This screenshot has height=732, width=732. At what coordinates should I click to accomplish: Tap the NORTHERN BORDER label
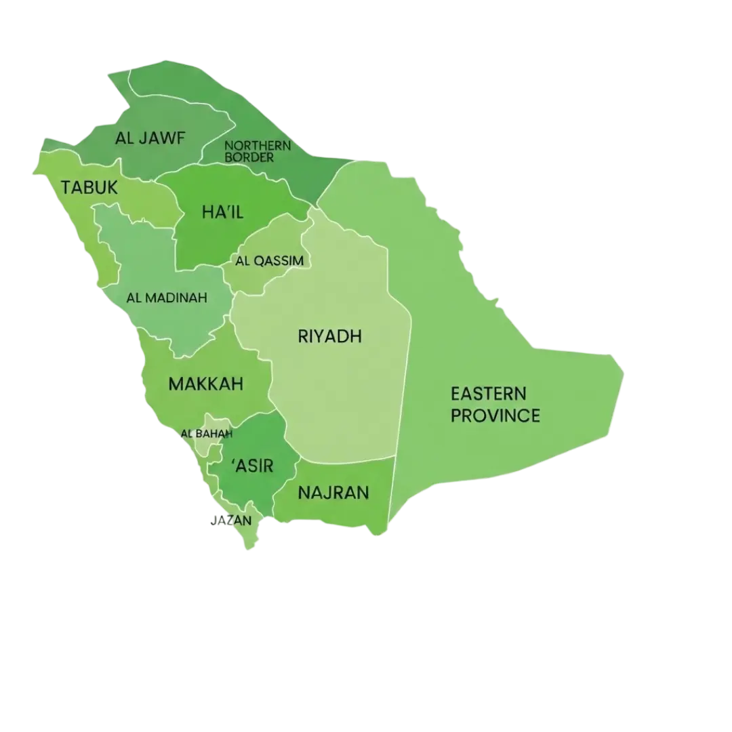pyautogui.click(x=257, y=151)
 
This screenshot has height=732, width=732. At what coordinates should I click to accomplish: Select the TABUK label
pyautogui.click(x=89, y=188)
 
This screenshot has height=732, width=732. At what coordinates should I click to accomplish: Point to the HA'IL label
pyautogui.click(x=222, y=212)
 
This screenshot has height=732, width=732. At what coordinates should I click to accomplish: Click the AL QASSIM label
pyautogui.click(x=269, y=261)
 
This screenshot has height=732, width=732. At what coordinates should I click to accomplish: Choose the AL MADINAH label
pyautogui.click(x=167, y=298)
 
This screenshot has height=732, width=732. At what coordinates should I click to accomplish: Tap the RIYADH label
pyautogui.click(x=330, y=336)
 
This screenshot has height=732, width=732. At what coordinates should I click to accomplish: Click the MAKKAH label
pyautogui.click(x=205, y=384)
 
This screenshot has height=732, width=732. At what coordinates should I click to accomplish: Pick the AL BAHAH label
pyautogui.click(x=207, y=434)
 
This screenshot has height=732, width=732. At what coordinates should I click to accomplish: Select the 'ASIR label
pyautogui.click(x=252, y=466)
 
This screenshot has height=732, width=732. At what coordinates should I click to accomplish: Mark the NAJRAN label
pyautogui.click(x=333, y=492)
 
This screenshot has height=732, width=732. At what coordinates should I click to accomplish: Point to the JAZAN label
pyautogui.click(x=232, y=521)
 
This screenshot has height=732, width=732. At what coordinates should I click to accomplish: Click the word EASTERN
pyautogui.click(x=488, y=393)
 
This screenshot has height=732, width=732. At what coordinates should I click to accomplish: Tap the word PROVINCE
pyautogui.click(x=495, y=415)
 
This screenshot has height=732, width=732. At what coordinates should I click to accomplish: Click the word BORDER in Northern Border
pyautogui.click(x=249, y=157)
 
